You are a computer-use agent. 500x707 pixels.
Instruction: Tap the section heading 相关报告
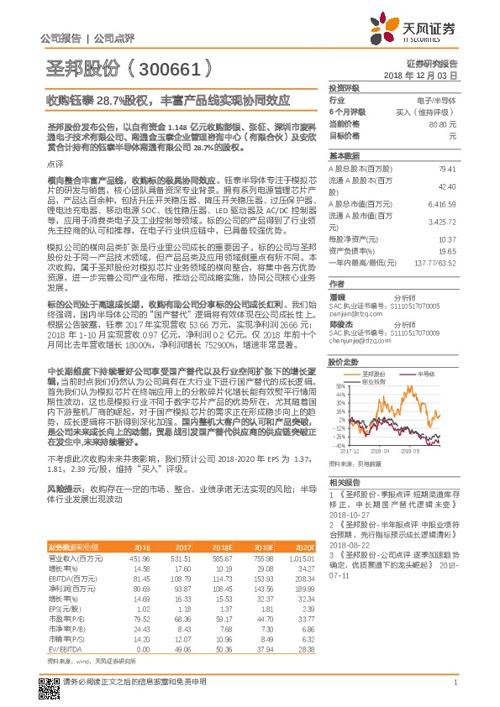pyautogui.click(x=344, y=482)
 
